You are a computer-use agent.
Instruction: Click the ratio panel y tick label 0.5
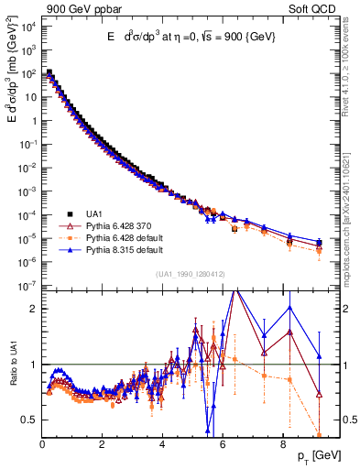coord(30,420)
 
